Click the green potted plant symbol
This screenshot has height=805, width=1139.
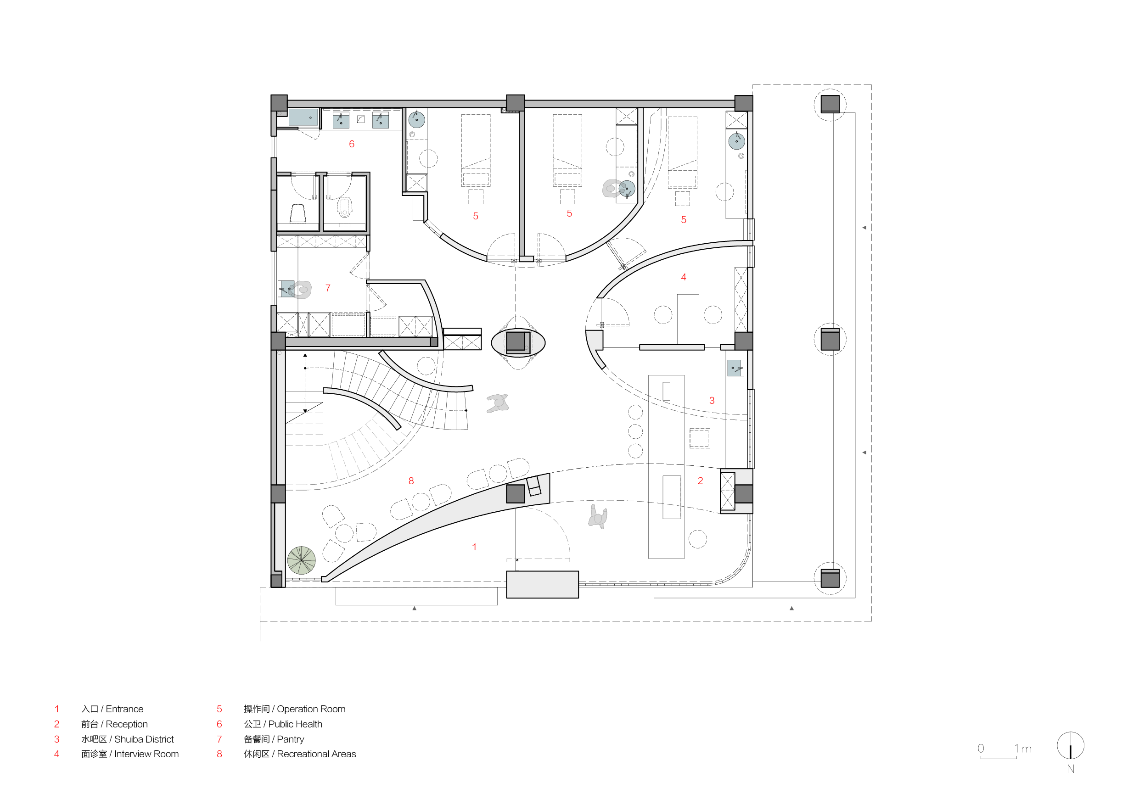[x=301, y=560]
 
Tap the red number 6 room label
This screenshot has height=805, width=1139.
[x=352, y=144]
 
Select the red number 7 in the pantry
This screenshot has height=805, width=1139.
[x=328, y=288]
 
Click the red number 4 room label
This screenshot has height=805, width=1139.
[x=684, y=277]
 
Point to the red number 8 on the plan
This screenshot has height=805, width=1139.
[x=411, y=481]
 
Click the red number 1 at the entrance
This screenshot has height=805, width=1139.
[x=474, y=547]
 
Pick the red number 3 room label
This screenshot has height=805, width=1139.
[x=712, y=400]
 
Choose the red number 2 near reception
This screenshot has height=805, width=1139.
[x=701, y=481]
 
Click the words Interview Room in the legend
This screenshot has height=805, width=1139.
[x=146, y=754]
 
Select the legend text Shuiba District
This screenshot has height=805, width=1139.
[x=144, y=739]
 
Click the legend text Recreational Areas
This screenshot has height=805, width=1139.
[x=316, y=754]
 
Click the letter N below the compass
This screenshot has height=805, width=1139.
[x=1071, y=769]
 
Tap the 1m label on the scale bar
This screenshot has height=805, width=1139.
[x=1023, y=749]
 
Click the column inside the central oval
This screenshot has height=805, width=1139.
[x=516, y=342]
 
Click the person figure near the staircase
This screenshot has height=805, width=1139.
[x=498, y=403]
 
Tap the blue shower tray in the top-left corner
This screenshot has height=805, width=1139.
[x=303, y=117]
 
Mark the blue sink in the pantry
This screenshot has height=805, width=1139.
[x=287, y=289]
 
